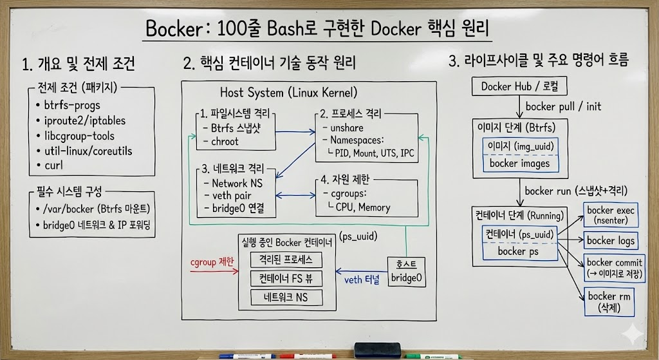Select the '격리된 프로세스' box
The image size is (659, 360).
tap(285, 260)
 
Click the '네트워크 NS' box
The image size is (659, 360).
tap(285, 297)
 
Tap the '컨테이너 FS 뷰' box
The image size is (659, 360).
tap(285, 279)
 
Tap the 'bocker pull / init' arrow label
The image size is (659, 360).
tap(564, 106)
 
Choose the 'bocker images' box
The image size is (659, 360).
tap(519, 163)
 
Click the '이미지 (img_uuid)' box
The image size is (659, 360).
tap(519, 146)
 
